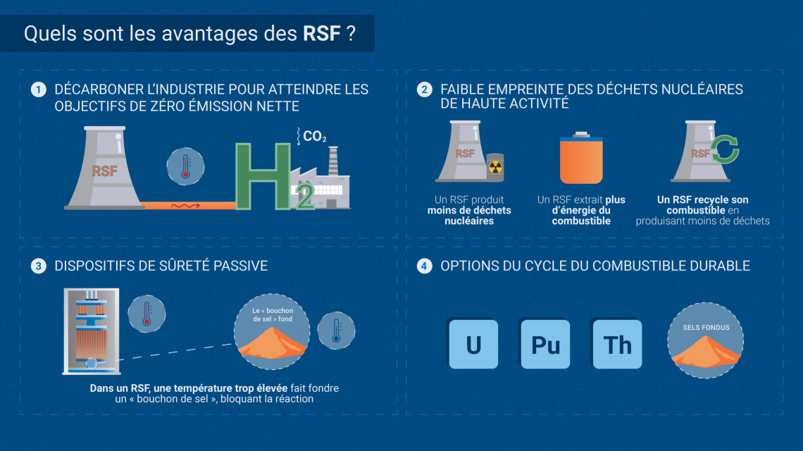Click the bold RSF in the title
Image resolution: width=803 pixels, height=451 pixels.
click(322, 34)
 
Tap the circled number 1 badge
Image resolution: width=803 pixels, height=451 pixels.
click(39, 89)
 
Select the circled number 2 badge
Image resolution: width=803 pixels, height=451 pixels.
click(424, 89)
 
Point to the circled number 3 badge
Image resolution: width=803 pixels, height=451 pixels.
click(39, 266)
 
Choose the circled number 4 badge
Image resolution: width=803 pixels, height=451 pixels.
click(424, 266)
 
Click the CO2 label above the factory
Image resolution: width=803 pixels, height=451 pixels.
click(314, 136)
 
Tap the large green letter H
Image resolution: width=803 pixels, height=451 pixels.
click(263, 176)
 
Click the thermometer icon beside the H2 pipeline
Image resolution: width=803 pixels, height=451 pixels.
click(185, 166)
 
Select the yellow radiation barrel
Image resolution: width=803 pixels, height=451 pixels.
click(495, 167)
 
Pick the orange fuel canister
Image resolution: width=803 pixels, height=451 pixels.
click(581, 158)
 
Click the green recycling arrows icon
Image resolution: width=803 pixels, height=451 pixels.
click(725, 149)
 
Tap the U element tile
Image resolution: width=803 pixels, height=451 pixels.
click(473, 344)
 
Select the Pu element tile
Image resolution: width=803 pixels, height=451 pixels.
click(545, 344)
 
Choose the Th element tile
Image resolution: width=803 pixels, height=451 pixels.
click(617, 344)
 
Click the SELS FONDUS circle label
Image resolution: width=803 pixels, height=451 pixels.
click(706, 328)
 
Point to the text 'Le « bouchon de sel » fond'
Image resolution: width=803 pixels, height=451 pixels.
click(273, 315)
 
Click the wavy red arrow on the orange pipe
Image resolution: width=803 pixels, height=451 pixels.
click(185, 206)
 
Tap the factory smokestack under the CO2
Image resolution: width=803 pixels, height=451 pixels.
click(333, 161)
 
